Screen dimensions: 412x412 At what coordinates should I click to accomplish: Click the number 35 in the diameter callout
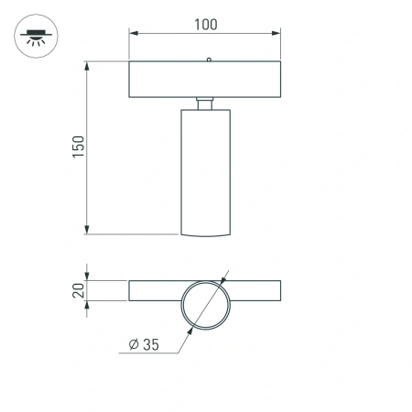(150, 344)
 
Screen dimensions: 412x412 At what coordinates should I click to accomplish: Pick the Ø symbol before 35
(134, 344)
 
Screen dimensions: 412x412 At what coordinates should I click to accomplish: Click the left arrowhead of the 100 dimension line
(133, 34)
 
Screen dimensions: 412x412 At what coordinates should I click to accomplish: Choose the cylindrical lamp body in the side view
(205, 169)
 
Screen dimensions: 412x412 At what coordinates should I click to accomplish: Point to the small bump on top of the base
(209, 60)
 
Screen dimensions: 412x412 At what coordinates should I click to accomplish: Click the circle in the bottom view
(205, 302)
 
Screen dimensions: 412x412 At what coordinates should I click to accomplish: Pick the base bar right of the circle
(256, 291)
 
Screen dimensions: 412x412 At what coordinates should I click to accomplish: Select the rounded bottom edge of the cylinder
(205, 234)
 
